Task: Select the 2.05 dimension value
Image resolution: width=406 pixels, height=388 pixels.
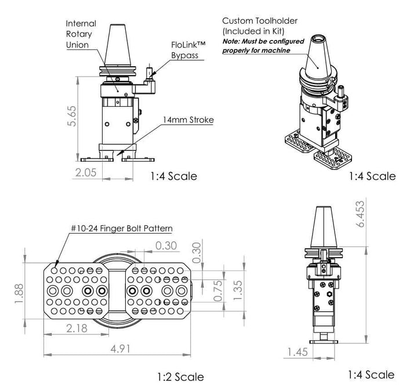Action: (86, 172)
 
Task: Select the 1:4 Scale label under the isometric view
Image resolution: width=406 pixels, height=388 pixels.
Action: (372, 176)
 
